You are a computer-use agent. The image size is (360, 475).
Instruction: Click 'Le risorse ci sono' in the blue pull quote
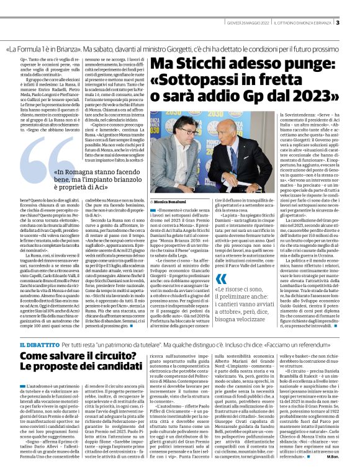coord(252,290)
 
